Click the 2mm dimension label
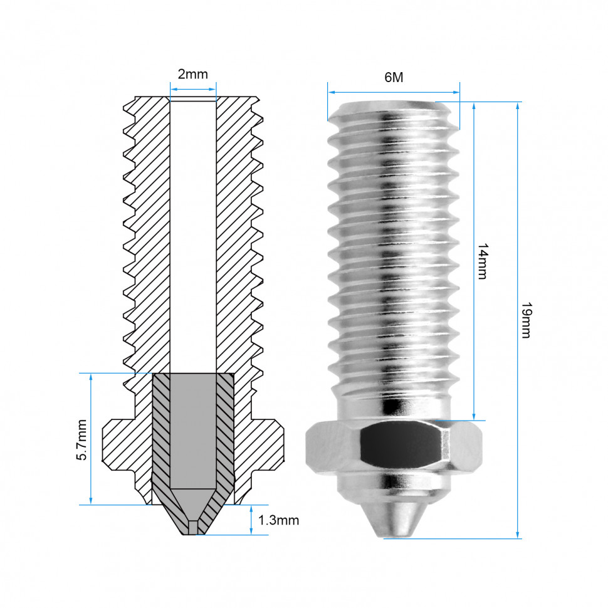192,74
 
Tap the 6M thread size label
394,77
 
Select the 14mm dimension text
483,261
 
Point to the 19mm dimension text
526,320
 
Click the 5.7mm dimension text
82,440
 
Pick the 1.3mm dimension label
278,520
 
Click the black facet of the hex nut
401,445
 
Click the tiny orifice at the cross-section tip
192,528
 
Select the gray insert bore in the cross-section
193,431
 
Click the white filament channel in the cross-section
193,236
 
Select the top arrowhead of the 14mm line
474,107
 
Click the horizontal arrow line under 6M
394,92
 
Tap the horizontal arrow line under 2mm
193,89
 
